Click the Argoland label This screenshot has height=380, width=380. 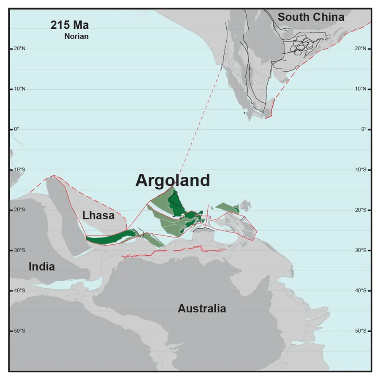click(x=172, y=180)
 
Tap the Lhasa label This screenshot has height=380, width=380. click(x=98, y=216)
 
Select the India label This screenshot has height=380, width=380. click(x=42, y=267)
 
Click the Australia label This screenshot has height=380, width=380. click(x=201, y=309)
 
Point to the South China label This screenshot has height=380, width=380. click(x=311, y=17)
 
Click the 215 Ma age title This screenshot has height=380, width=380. click(x=70, y=25)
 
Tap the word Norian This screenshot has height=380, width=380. click(x=76, y=36)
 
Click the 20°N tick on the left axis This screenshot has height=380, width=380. click(x=19, y=49)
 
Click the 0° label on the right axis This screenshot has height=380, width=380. click(x=359, y=129)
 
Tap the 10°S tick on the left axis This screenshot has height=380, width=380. click(x=19, y=169)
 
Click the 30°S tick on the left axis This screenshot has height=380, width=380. click(x=19, y=250)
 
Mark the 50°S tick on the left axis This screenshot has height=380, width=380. click(x=19, y=331)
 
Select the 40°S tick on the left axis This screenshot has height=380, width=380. click(x=19, y=290)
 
